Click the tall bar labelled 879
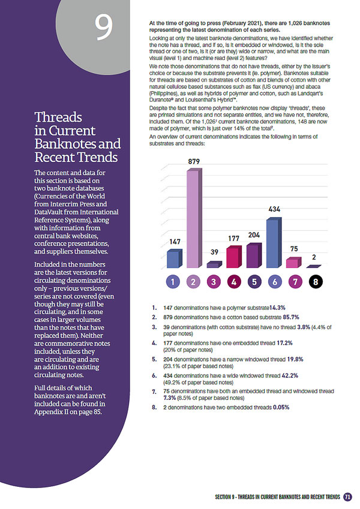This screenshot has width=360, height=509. pos(194,218)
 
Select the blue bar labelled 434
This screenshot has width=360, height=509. pos(274,243)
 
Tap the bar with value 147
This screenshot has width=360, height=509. pos(175,259)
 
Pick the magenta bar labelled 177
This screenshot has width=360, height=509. pos(234,257)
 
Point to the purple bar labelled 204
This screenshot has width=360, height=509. pos(254,255)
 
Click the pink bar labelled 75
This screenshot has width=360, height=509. pos(294,263)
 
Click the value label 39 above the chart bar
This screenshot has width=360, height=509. pos(214,252)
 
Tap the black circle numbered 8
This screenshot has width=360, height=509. pos(316,282)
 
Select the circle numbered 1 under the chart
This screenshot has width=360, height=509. pos(173,282)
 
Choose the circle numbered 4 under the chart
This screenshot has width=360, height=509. pos(234,282)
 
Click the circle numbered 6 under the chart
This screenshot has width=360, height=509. pos(275,282)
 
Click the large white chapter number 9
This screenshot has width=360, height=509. pos(104,27)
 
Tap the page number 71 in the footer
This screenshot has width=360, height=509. pos(347,496)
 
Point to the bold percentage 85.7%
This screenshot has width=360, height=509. pos(291,317)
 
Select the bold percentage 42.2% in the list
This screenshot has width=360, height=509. pos(290,375)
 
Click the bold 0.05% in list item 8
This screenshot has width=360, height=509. pos(281,407)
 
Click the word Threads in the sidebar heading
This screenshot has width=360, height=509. pos(58,117)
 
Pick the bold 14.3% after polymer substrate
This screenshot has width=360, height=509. pos(277,308)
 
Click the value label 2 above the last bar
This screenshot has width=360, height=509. pos(314,257)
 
